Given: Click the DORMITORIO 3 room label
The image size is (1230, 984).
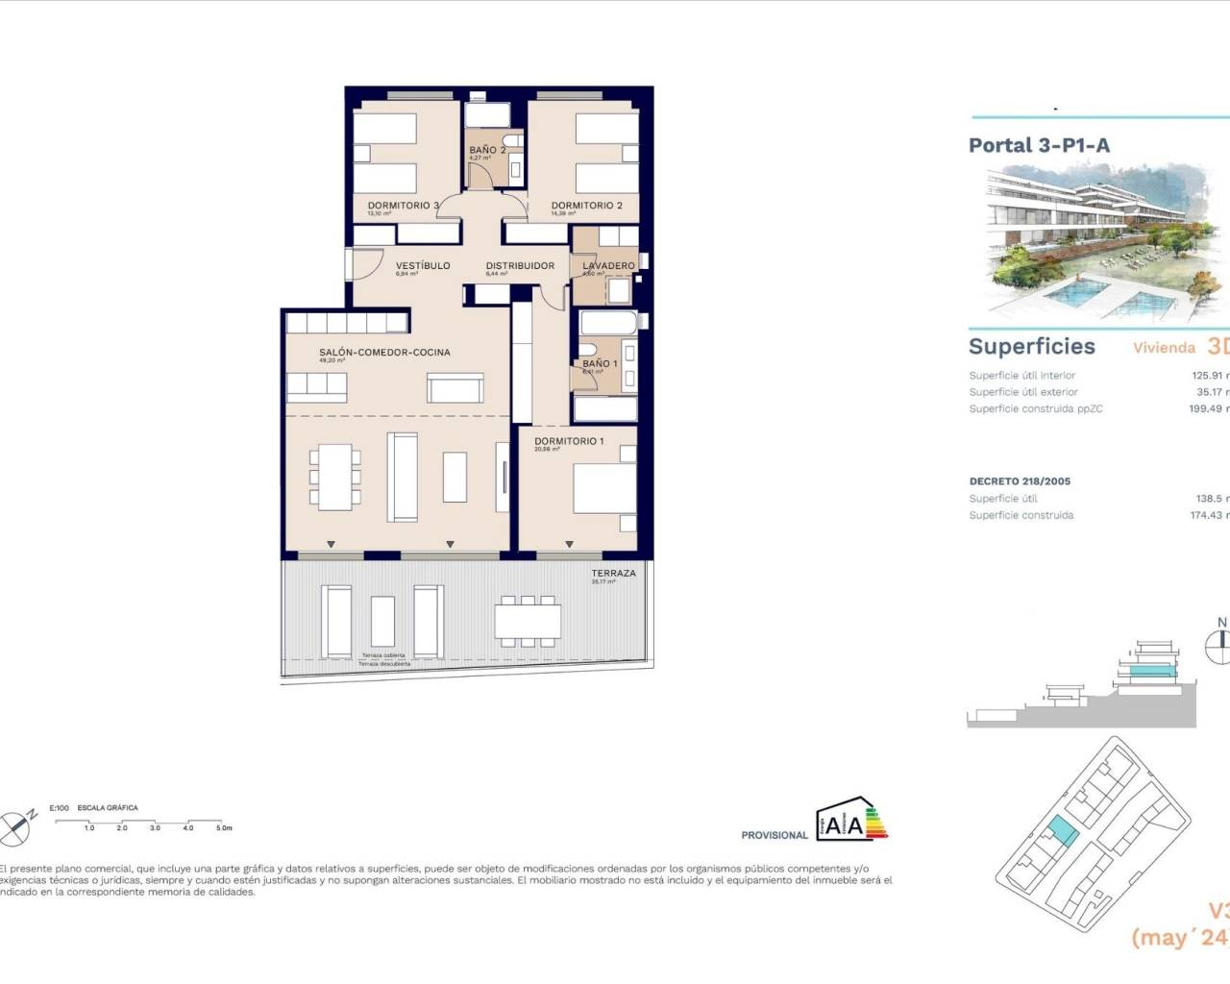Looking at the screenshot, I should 403,206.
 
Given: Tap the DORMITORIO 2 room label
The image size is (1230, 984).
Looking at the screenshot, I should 586,206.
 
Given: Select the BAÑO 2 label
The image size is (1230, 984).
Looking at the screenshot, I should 486,150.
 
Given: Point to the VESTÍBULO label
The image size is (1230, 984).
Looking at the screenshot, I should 423,266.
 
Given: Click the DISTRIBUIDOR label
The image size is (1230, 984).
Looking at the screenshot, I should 520,266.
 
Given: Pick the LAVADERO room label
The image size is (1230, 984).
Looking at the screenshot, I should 608,266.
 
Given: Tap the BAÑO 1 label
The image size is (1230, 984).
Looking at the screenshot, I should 600,364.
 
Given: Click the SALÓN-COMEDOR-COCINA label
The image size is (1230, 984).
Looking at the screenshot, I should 384,353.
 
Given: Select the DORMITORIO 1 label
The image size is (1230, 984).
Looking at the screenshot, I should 569,442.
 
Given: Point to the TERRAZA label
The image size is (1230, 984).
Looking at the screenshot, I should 613,574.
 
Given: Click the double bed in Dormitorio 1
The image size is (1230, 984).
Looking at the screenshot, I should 604,490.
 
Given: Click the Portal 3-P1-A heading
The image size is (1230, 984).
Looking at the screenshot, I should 1039,146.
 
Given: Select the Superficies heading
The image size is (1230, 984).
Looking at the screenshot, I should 1031,347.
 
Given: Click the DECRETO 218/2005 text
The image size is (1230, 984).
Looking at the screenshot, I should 1020,481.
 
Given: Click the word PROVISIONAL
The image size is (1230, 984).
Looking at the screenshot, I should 775,835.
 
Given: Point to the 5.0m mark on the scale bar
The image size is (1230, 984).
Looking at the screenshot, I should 223,827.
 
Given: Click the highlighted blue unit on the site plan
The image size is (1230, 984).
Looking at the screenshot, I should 1063,830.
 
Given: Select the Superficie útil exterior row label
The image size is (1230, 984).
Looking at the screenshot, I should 1023,392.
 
